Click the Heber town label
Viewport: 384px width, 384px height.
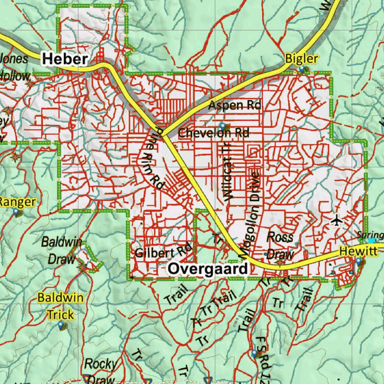tap(65, 59)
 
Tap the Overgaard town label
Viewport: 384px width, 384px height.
tap(208, 269)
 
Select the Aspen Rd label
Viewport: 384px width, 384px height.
tap(234, 105)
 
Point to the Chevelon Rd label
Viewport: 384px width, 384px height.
tap(214, 133)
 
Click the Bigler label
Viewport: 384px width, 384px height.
tap(301, 59)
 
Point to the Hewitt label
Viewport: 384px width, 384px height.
tap(358, 251)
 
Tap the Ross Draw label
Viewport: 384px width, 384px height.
tap(280, 246)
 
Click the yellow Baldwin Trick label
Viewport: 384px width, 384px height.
tap(61, 306)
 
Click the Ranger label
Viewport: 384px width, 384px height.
tap(17, 202)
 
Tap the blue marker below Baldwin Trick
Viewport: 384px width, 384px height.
tap(61, 325)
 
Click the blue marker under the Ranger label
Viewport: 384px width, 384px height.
tap(15, 212)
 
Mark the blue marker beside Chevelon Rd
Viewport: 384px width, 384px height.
tap(223, 126)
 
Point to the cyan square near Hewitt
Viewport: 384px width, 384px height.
tap(372, 241)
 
